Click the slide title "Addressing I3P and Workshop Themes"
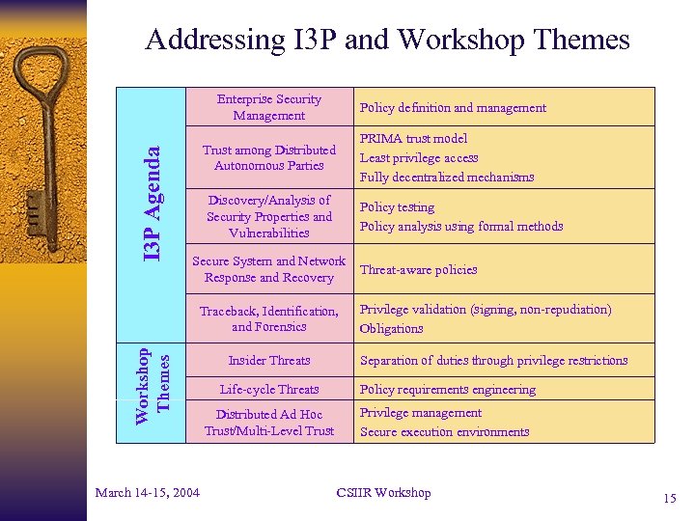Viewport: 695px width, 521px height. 387,40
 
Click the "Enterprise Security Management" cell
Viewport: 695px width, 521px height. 268,107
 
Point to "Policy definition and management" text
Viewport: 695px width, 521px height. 453,108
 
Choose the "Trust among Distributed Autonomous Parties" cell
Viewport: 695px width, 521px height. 268,157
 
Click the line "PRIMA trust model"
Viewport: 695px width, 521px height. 413,139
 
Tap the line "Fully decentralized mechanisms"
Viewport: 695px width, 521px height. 446,177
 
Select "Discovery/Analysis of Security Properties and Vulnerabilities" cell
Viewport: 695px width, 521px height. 268,216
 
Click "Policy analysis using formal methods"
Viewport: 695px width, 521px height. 461,227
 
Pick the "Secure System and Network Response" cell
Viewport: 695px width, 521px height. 268,269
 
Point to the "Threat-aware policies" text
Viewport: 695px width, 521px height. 418,270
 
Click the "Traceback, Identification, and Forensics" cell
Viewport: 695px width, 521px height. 268,318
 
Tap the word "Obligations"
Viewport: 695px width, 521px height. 391,328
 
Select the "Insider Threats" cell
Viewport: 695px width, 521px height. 268,361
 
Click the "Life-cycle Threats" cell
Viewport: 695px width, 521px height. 268,390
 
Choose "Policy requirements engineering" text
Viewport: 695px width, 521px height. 447,390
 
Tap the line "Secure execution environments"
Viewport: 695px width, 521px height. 444,431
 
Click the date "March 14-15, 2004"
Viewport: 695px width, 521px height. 148,493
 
